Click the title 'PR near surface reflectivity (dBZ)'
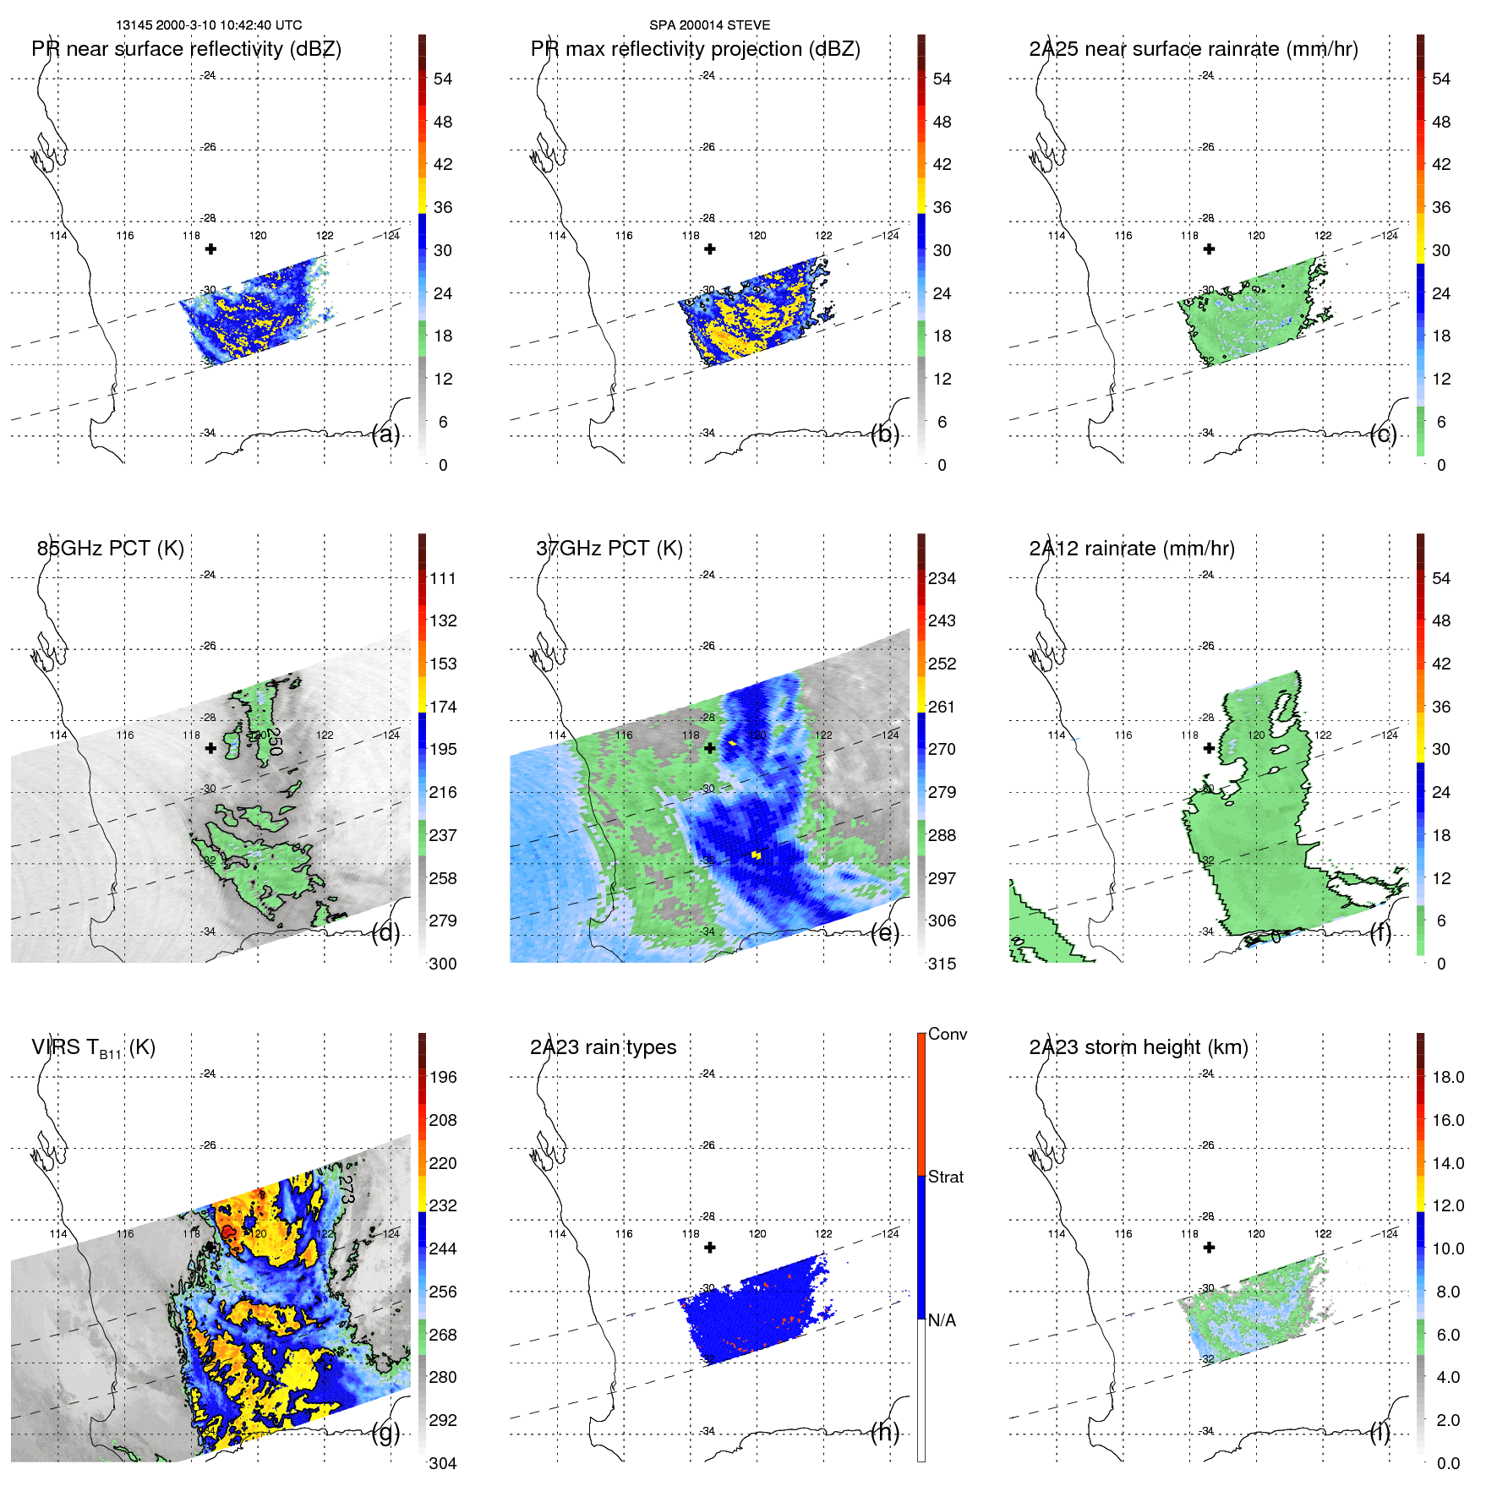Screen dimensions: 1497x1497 point(186,49)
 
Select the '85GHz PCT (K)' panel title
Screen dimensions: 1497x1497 point(110,548)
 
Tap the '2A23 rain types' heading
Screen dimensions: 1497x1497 point(603,1047)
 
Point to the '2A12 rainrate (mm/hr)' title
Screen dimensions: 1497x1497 point(1131,548)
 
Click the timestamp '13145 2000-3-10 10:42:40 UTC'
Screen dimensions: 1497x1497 point(209,25)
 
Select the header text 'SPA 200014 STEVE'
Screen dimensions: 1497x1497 point(709,25)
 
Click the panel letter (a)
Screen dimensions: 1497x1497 point(385,434)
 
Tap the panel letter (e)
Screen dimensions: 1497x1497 point(885,933)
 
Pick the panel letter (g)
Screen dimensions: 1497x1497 point(385,1433)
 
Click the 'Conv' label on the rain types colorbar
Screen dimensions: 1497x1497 point(947,1034)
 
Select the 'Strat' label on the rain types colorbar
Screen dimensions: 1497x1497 point(945,1177)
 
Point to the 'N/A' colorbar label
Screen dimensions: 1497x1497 point(942,1320)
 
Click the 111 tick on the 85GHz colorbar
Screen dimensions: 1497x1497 point(443,578)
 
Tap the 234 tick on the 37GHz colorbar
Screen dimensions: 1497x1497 point(942,578)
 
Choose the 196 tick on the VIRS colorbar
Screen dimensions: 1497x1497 point(443,1077)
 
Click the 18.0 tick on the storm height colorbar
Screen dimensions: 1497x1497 point(1447,1077)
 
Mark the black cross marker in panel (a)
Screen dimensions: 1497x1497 point(210,249)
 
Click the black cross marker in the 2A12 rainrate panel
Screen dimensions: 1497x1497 point(1209,748)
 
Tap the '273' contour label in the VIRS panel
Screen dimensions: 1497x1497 point(347,1190)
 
